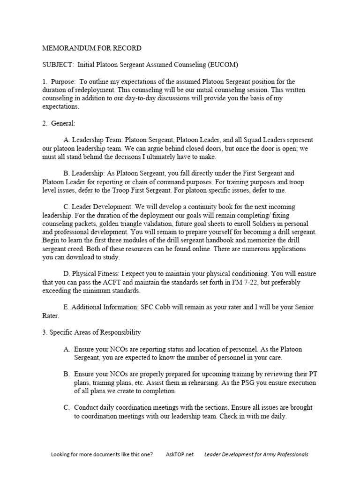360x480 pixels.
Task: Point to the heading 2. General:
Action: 59,123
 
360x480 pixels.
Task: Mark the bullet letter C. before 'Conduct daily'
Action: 67,408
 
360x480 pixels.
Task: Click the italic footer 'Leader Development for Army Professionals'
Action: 256,454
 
